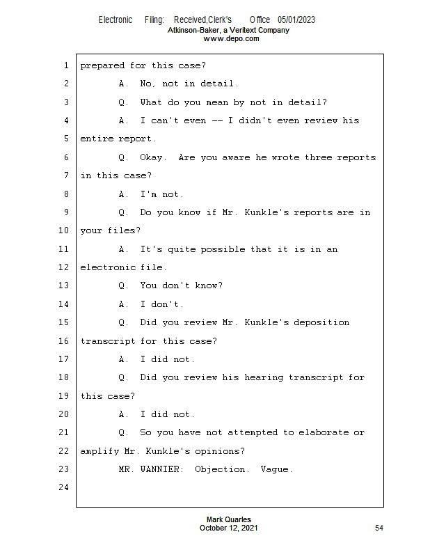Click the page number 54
[379, 528]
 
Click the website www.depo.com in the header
[231, 39]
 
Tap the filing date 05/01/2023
[296, 20]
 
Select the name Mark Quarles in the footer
[229, 519]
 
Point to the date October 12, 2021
[229, 528]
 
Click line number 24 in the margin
[63, 487]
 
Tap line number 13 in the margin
[63, 285]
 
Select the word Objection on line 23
[220, 469]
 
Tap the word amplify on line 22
[99, 451]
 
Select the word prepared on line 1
[102, 65]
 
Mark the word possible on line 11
[223, 249]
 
